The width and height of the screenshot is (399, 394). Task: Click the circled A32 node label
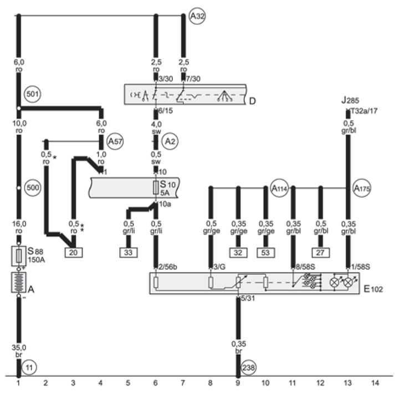(x=197, y=17)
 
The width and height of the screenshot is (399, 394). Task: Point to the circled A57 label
(x=115, y=141)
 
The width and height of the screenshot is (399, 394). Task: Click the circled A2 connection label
(x=171, y=141)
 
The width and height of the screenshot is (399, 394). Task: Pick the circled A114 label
(x=279, y=188)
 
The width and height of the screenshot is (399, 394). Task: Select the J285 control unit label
(x=351, y=100)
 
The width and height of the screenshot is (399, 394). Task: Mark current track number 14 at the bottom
(x=375, y=383)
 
